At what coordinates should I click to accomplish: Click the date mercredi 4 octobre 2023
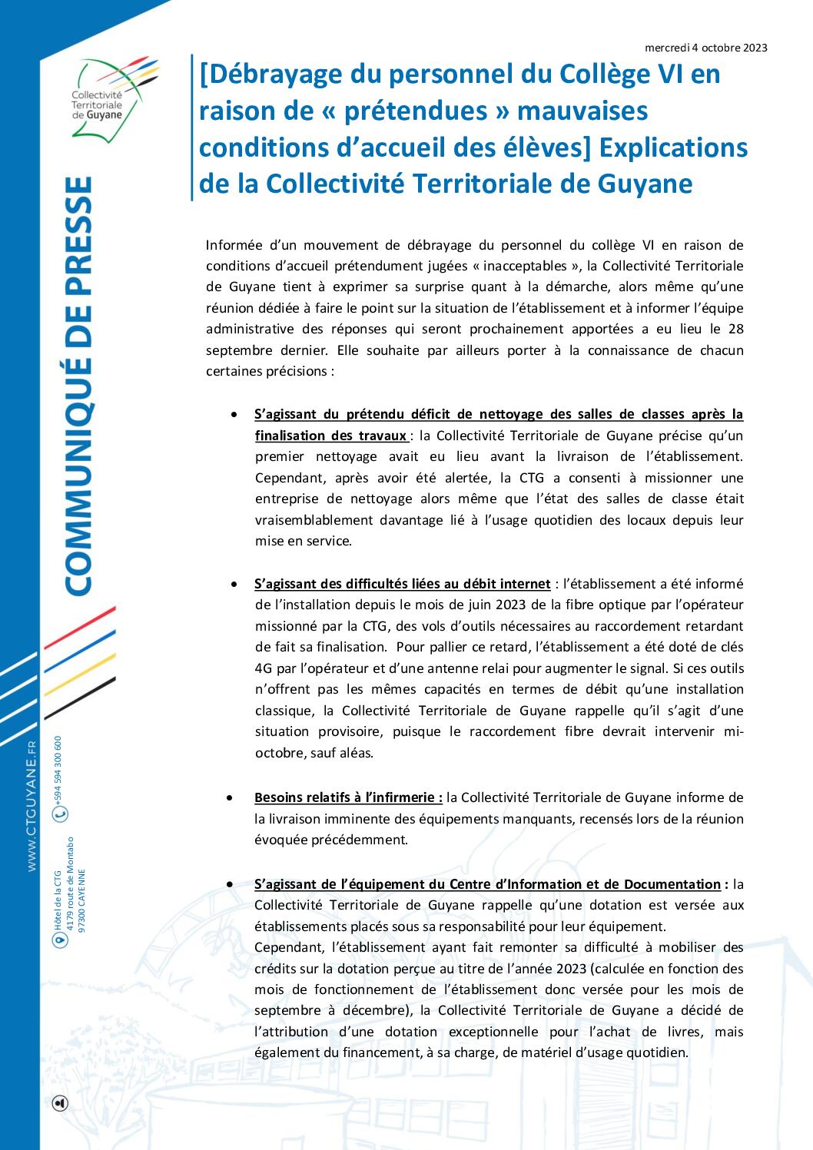click(x=705, y=48)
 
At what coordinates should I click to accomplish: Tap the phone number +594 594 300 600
click(x=58, y=769)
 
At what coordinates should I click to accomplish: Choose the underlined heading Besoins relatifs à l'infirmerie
click(x=348, y=797)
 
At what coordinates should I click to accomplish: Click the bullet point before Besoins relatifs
click(x=231, y=798)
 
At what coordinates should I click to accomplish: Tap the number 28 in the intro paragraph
click(x=735, y=330)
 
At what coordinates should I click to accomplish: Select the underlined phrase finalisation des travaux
click(x=332, y=436)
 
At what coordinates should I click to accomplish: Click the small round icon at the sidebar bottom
click(x=60, y=1103)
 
